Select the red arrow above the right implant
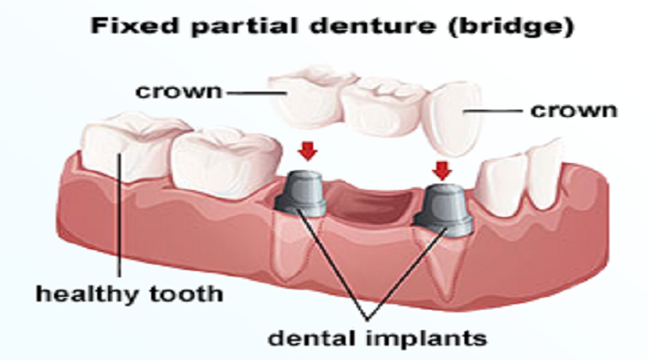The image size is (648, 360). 441,168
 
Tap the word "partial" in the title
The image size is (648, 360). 228,26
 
